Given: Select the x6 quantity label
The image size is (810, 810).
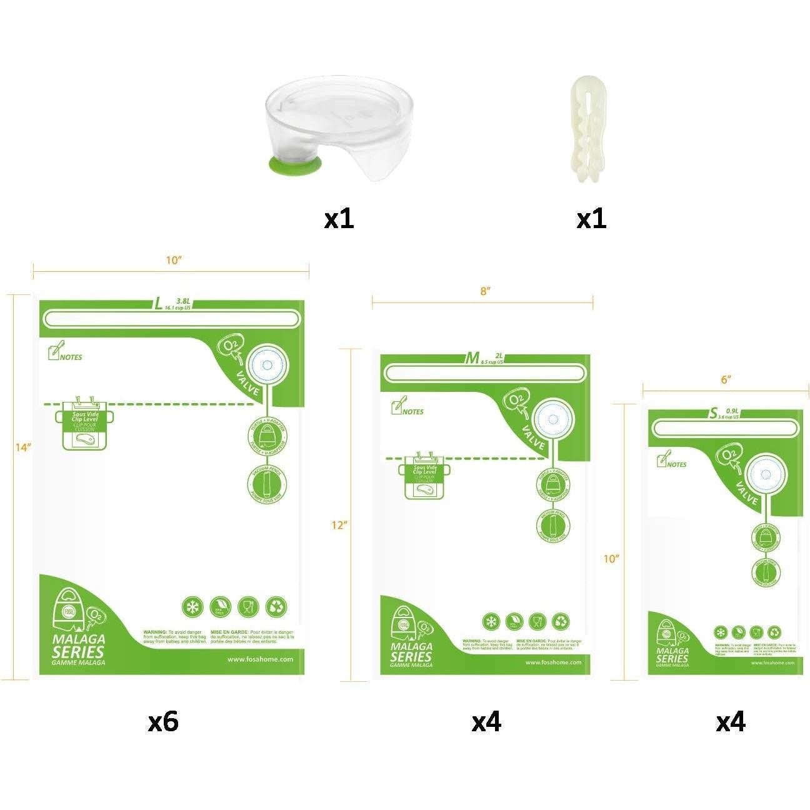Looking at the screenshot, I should click(163, 722).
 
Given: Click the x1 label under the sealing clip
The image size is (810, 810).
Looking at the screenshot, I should click(591, 219).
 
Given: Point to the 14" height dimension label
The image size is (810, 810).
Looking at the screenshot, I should click(23, 447).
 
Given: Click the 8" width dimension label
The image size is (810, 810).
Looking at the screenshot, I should click(485, 291).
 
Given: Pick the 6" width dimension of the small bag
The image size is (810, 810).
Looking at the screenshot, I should click(726, 379).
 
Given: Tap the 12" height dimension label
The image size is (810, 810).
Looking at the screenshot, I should click(339, 526).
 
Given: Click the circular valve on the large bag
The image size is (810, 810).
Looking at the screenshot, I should click(267, 365).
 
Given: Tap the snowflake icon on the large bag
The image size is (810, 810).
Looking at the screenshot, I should click(192, 607).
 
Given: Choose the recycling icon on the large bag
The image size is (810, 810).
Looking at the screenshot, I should click(276, 607).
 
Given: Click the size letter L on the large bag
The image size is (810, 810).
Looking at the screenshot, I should click(159, 304).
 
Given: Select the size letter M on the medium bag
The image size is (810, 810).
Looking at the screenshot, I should click(472, 358).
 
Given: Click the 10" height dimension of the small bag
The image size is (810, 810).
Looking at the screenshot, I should click(611, 559).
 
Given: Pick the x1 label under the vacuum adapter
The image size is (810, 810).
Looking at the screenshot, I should click(339, 219).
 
